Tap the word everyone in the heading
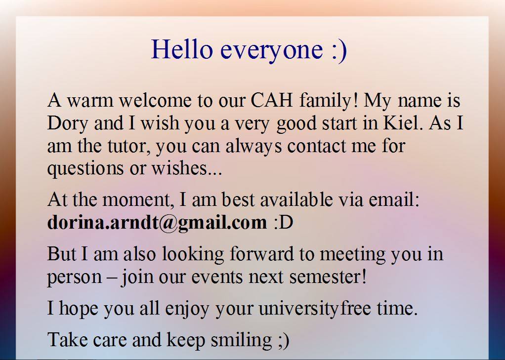tap(272, 51)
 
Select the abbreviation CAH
tap(271, 100)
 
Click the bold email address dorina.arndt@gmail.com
tap(157, 223)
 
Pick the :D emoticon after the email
tap(284, 223)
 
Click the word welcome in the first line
tap(155, 100)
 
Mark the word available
tap(296, 200)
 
